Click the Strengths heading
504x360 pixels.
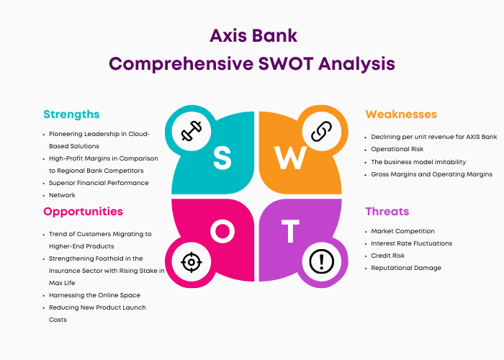point(71,114)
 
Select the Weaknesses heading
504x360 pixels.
point(401,114)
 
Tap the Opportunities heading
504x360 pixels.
point(83,212)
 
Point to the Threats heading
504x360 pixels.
point(387,212)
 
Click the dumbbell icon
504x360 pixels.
point(192,131)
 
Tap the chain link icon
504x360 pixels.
point(321,131)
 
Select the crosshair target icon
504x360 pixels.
point(192,262)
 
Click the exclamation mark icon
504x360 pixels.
point(321,261)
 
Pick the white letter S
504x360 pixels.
point(222,158)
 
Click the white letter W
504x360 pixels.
point(290,158)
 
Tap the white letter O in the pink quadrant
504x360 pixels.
point(222,231)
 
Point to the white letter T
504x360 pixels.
point(290,231)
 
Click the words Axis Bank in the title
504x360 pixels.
point(253,36)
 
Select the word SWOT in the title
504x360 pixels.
point(286,63)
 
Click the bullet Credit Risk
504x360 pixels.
point(387,256)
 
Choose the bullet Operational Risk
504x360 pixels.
point(397,149)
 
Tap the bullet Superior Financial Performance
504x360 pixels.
point(99,183)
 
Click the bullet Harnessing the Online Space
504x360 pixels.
point(94,295)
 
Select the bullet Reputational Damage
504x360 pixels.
point(406,268)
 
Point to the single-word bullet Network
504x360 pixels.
point(62,195)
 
